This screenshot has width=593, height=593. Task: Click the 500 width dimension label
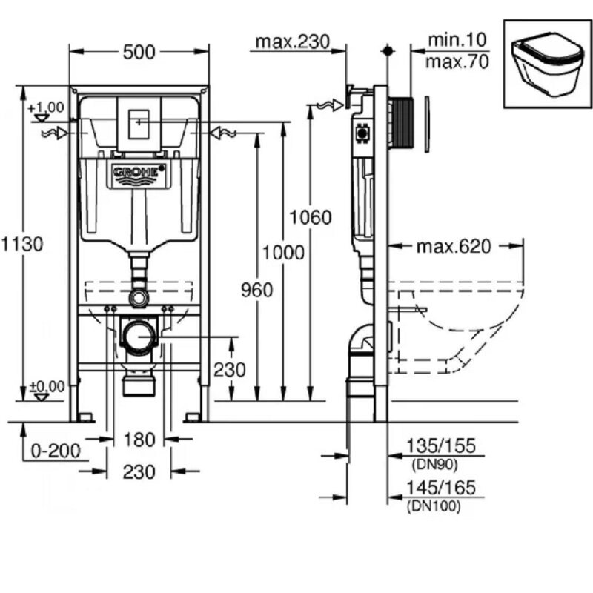[x=139, y=52]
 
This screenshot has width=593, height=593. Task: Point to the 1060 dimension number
[x=310, y=217]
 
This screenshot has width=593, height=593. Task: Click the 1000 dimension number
[x=283, y=253]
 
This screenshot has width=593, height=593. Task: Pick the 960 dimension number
[x=256, y=290]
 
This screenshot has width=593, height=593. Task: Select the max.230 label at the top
[x=292, y=42]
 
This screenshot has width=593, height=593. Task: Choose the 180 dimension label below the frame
[x=139, y=440]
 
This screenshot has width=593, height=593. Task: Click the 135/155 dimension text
[x=440, y=445]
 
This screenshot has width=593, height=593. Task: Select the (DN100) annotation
[x=433, y=506]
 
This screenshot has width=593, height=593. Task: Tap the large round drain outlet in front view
[x=139, y=337]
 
